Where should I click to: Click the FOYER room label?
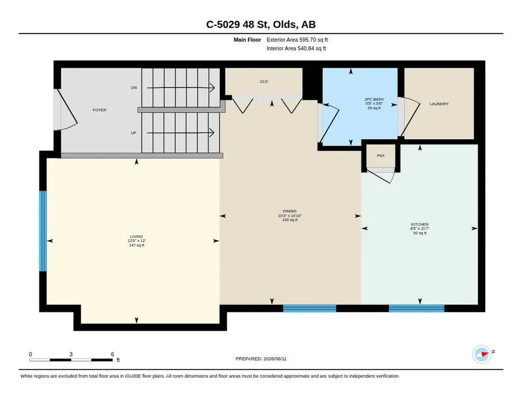pyautogui.click(x=99, y=110)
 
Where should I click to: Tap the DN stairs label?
pyautogui.click(x=134, y=88)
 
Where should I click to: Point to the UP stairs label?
pyautogui.click(x=134, y=133)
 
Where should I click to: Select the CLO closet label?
pyautogui.click(x=264, y=81)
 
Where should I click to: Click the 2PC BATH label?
pyautogui.click(x=374, y=99)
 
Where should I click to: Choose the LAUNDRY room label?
pyautogui.click(x=439, y=104)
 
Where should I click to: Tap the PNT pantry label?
pyautogui.click(x=381, y=156)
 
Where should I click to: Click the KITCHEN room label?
pyautogui.click(x=420, y=224)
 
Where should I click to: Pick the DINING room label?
pyautogui.click(x=290, y=211)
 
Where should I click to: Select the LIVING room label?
pyautogui.click(x=137, y=237)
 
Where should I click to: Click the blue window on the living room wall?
pyautogui.click(x=43, y=231)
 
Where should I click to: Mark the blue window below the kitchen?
pyautogui.click(x=416, y=308)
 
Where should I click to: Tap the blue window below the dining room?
pyautogui.click(x=309, y=308)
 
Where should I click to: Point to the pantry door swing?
pyautogui.click(x=381, y=176)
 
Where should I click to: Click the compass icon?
pyautogui.click(x=482, y=354)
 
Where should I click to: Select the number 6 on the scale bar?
pyautogui.click(x=113, y=354)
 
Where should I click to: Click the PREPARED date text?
pyautogui.click(x=261, y=359)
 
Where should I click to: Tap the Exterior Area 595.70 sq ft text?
pyautogui.click(x=297, y=40)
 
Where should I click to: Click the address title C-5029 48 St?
pyautogui.click(x=238, y=24)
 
